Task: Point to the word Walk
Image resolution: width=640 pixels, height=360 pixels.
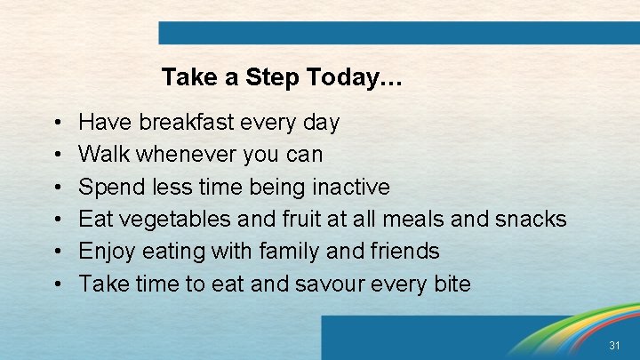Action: (x=101, y=155)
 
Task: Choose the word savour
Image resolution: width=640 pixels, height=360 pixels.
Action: (x=341, y=284)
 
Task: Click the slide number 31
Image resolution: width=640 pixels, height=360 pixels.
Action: (x=614, y=344)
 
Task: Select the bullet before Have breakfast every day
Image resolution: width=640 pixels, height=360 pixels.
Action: (x=56, y=123)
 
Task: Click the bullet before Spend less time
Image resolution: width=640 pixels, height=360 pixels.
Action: (x=56, y=188)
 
